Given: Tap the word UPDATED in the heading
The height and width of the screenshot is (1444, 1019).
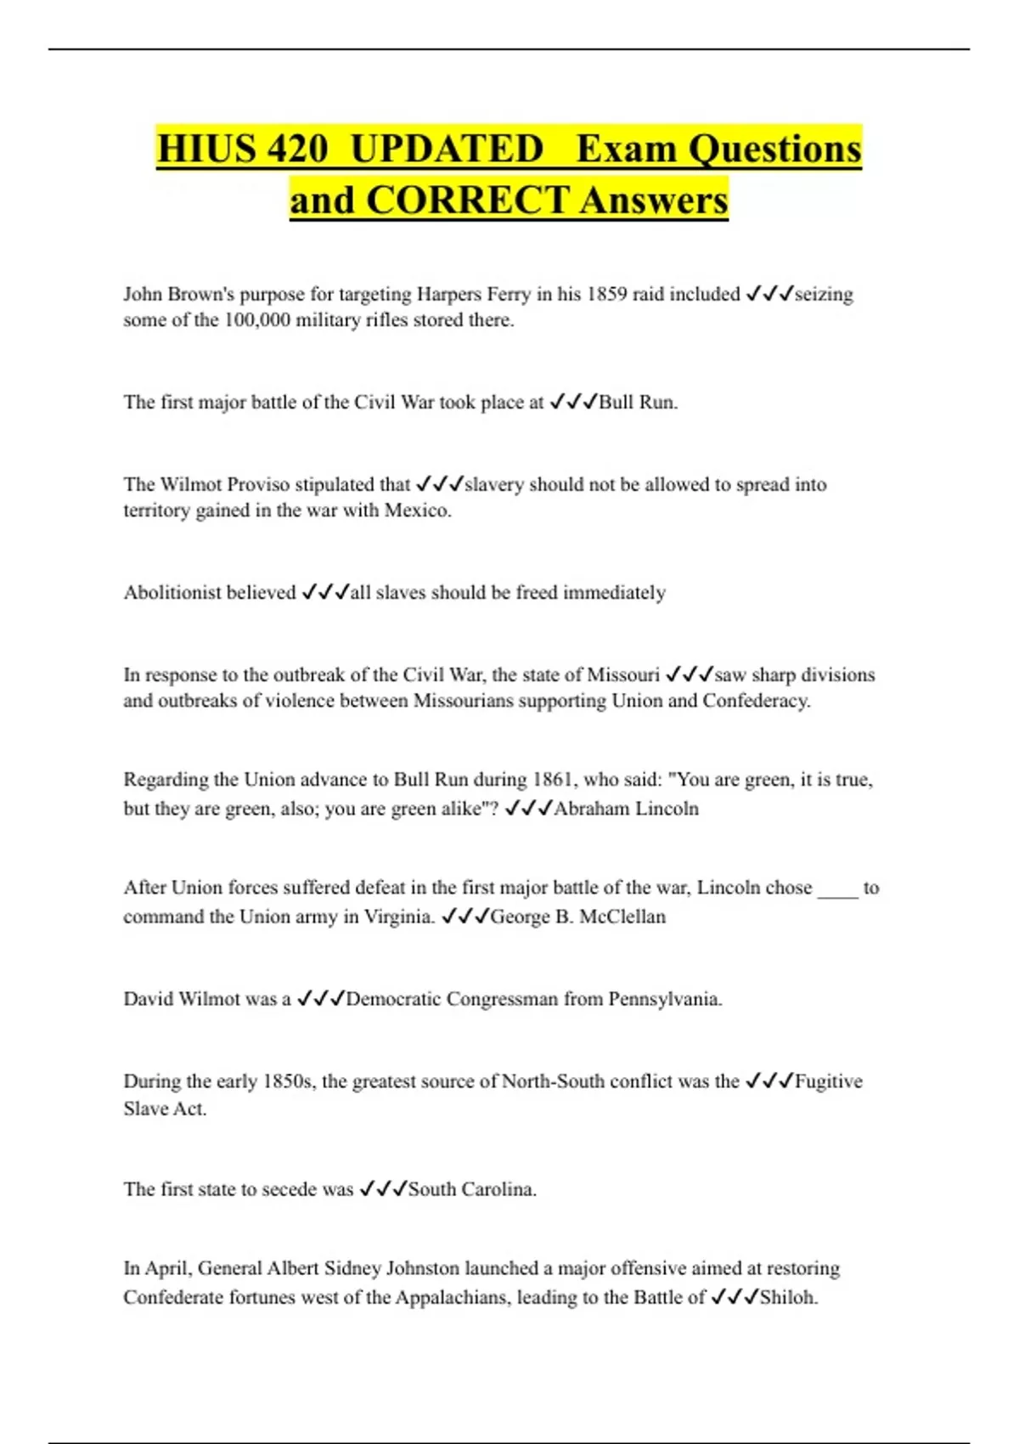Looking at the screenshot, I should point(447,149).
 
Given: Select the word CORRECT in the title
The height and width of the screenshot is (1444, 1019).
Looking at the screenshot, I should point(467,200).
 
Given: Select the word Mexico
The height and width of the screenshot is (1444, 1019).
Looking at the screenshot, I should point(417,510).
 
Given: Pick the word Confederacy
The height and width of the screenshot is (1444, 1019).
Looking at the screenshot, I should point(756,701).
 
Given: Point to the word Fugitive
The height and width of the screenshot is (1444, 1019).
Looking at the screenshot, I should point(829,1081).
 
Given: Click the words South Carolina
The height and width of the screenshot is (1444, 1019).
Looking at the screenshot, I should point(471,1189).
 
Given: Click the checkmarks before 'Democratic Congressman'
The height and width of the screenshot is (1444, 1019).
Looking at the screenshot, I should point(320,999).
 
